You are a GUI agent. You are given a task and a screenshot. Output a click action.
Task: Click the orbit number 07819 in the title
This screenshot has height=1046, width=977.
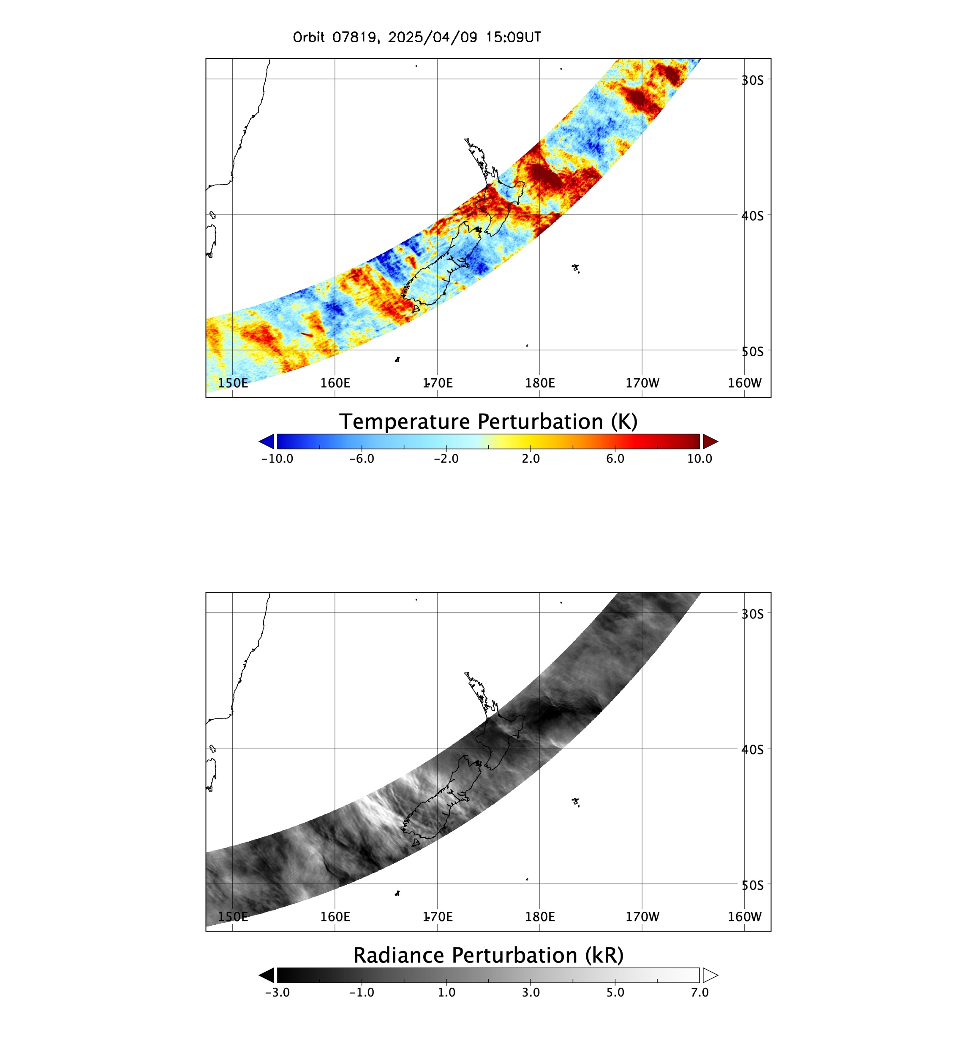tap(355, 37)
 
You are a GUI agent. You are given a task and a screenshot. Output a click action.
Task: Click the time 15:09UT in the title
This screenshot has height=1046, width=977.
tap(513, 37)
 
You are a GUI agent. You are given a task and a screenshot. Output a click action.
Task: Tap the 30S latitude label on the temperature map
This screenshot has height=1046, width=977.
tap(752, 80)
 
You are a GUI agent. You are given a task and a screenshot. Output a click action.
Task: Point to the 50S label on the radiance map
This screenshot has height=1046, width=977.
tap(752, 886)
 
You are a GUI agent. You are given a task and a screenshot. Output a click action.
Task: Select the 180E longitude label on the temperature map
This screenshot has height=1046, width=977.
tap(539, 383)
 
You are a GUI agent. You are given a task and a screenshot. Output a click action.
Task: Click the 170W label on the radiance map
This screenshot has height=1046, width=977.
tap(642, 917)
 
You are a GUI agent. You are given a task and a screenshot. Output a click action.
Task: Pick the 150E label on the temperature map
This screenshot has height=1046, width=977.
tap(233, 383)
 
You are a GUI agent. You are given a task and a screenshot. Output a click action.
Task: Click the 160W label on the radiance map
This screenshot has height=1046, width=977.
tap(744, 917)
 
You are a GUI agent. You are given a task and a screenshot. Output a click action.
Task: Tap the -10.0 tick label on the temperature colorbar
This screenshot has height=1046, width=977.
tap(277, 459)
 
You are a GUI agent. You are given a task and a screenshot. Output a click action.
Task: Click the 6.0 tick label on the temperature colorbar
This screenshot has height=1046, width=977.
tap(615, 459)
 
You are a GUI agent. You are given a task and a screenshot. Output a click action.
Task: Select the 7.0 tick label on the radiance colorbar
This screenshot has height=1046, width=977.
tap(699, 993)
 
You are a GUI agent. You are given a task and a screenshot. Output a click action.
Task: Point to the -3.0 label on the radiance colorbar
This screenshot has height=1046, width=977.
tap(277, 993)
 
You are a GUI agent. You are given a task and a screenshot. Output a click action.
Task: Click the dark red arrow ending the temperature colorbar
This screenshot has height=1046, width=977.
tap(710, 442)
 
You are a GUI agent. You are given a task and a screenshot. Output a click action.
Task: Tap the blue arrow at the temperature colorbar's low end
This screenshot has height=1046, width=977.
tap(267, 442)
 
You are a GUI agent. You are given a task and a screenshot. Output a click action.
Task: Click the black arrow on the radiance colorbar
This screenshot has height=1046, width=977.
tap(267, 976)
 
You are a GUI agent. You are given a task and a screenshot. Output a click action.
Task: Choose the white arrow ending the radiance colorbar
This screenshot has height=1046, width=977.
tap(710, 976)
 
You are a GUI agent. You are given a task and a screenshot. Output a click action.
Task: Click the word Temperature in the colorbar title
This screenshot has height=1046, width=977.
tap(404, 423)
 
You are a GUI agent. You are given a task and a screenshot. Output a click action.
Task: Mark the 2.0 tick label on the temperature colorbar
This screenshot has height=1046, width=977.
tap(531, 459)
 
